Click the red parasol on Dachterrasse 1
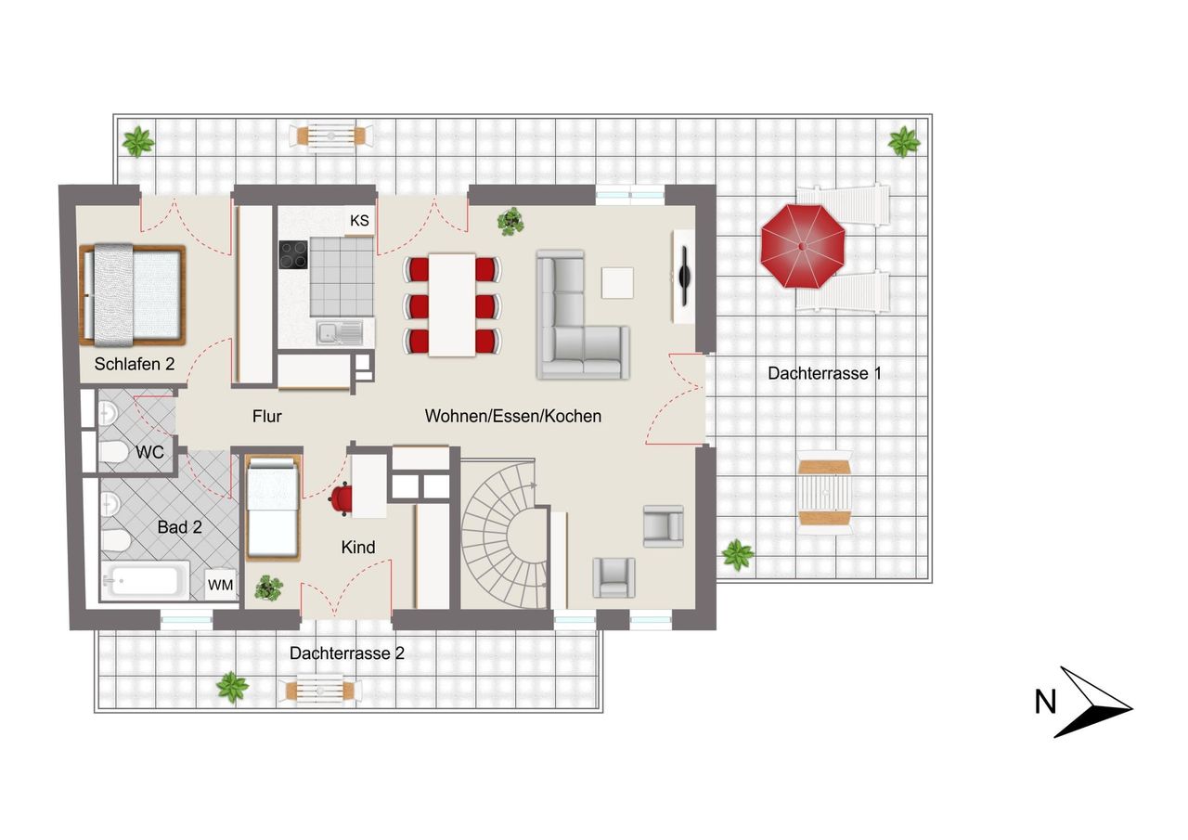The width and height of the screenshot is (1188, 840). pyautogui.click(x=803, y=246)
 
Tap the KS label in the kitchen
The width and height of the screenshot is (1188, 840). pyautogui.click(x=359, y=220)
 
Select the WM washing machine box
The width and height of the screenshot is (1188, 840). pyautogui.click(x=221, y=585)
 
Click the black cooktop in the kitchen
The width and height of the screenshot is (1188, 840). pyautogui.click(x=293, y=255)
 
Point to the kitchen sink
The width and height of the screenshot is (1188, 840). pyautogui.click(x=340, y=333)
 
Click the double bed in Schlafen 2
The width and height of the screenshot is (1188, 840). pyautogui.click(x=132, y=295)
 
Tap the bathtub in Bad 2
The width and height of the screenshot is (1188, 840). pyautogui.click(x=145, y=581)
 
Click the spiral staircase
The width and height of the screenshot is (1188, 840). pyautogui.click(x=504, y=534)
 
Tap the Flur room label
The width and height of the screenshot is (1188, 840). pyautogui.click(x=266, y=417)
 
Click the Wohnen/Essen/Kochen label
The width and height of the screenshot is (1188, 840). pyautogui.click(x=513, y=417)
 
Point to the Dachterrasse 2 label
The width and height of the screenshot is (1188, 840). pyautogui.click(x=347, y=653)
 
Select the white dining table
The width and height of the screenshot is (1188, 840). pyautogui.click(x=452, y=305)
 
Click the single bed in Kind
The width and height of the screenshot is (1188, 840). pyautogui.click(x=273, y=508)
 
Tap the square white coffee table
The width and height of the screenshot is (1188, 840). pyautogui.click(x=617, y=283)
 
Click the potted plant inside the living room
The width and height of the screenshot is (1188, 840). pyautogui.click(x=510, y=221)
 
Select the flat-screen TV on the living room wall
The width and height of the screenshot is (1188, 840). pyautogui.click(x=685, y=276)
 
